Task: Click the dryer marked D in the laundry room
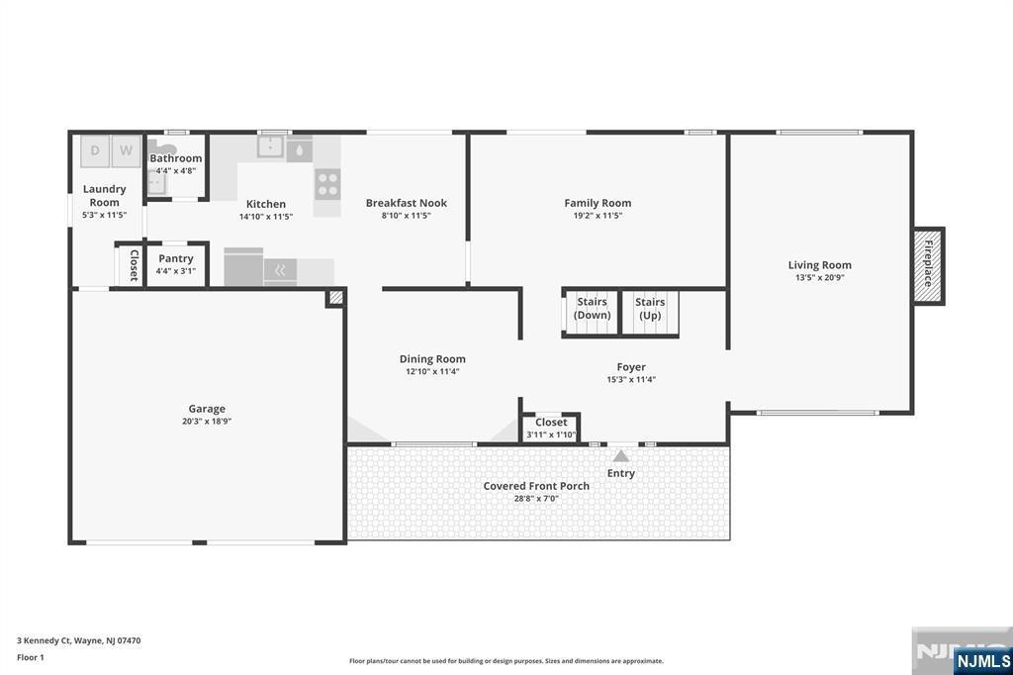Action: click(x=95, y=151)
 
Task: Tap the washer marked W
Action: click(x=126, y=151)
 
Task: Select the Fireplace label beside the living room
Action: click(x=928, y=264)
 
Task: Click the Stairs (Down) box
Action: click(x=592, y=314)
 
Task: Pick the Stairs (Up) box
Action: click(x=650, y=314)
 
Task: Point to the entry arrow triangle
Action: click(x=621, y=456)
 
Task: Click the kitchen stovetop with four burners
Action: click(x=327, y=184)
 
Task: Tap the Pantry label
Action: click(x=176, y=258)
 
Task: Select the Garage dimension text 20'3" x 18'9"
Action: click(x=207, y=421)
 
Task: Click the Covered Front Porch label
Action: click(x=536, y=486)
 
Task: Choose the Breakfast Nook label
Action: click(x=407, y=202)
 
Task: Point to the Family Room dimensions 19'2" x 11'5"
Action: click(x=598, y=216)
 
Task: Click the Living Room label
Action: click(x=820, y=264)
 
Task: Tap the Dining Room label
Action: click(x=432, y=359)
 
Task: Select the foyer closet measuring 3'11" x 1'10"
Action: click(x=551, y=428)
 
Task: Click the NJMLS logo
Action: click(x=982, y=660)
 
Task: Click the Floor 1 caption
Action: click(x=31, y=657)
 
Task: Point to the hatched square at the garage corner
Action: click(x=335, y=297)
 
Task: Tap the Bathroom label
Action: click(x=176, y=157)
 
